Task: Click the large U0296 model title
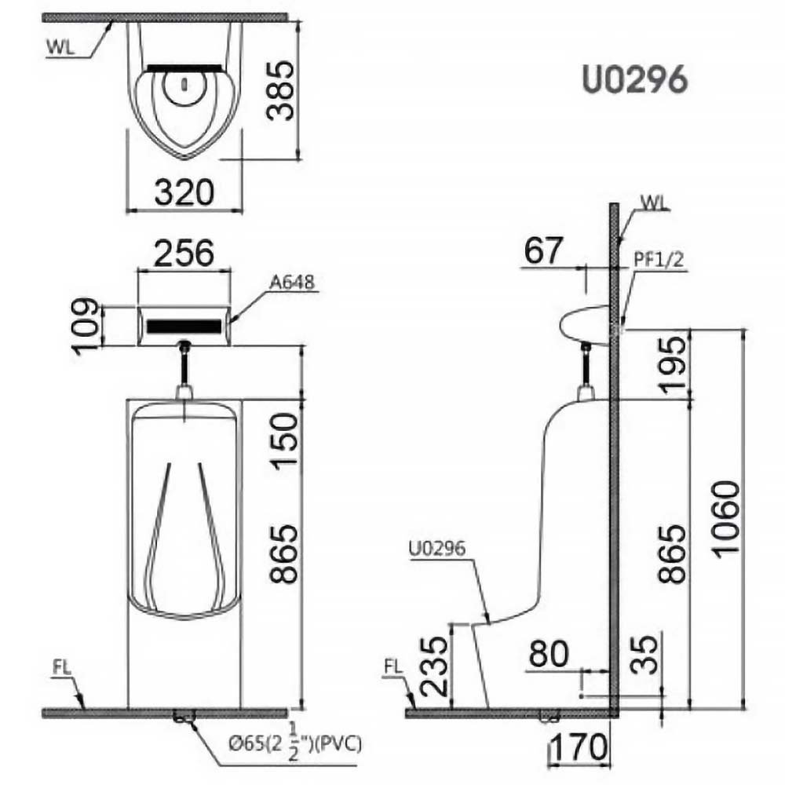(635, 80)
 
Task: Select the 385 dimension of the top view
(280, 90)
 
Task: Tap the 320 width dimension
(184, 192)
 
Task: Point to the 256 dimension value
(184, 253)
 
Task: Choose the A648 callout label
(292, 283)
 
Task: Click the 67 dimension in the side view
(544, 250)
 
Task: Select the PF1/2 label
(659, 259)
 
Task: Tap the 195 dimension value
(671, 363)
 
